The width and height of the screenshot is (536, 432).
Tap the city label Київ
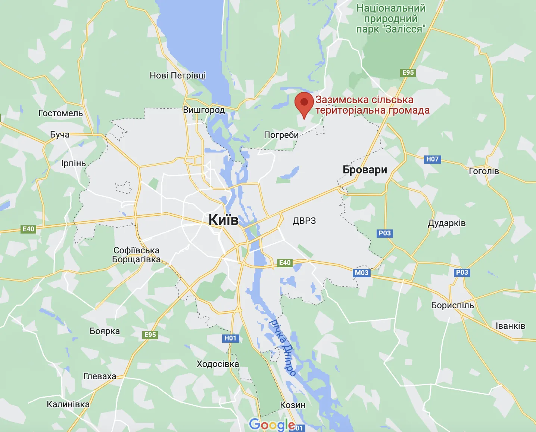click(223, 220)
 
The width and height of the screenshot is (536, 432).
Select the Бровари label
click(365, 170)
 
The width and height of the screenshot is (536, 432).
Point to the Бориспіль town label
click(452, 305)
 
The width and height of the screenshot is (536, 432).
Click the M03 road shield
click(361, 272)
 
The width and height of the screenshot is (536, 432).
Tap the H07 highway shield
click(432, 159)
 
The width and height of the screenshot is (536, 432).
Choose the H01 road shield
click(230, 338)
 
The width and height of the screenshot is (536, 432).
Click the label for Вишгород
click(204, 110)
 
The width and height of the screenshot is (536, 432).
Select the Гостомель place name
click(60, 113)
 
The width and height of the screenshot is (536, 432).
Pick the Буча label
click(60, 135)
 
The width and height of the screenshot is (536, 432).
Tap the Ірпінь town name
click(74, 163)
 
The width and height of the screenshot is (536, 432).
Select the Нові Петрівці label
click(178, 75)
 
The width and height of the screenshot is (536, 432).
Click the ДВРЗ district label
click(304, 221)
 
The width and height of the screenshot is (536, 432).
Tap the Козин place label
click(293, 405)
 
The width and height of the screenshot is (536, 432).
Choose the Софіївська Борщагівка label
click(136, 255)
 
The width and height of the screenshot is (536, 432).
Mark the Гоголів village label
click(484, 171)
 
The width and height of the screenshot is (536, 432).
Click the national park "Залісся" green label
click(391, 19)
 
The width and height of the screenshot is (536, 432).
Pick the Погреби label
click(281, 135)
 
